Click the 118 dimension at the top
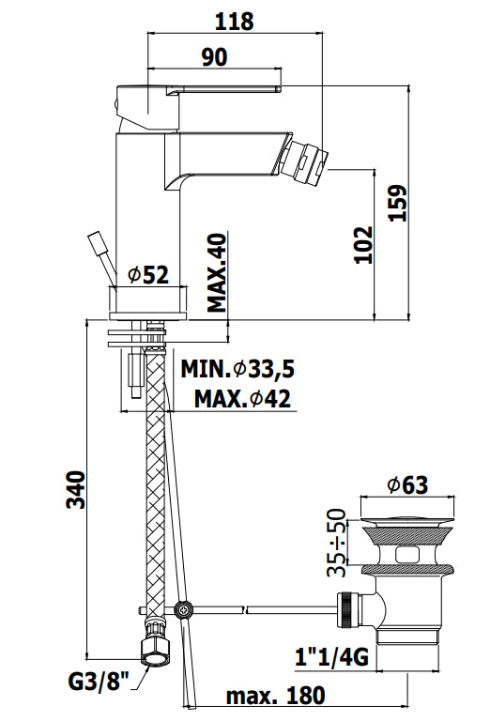coord(234,22)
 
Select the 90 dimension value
coord(215,56)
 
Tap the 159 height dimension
coord(398,203)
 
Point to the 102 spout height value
coord(363,244)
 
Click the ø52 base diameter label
coord(148,275)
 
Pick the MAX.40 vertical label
coord(217,273)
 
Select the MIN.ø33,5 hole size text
coord(237,369)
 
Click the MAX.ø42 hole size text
coord(242,398)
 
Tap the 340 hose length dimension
coord(76,489)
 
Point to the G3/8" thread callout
coord(99,681)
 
